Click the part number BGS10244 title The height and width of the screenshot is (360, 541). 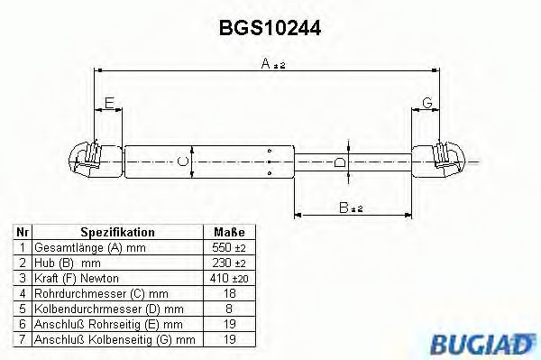[270, 28]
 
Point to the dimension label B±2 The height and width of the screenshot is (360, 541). [350, 208]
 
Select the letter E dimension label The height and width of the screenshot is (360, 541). [109, 104]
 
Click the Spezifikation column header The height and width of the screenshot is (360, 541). [117, 232]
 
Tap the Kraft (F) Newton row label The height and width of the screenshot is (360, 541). [77, 278]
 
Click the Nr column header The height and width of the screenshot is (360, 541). [22, 232]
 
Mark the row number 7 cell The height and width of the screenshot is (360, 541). [22, 339]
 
